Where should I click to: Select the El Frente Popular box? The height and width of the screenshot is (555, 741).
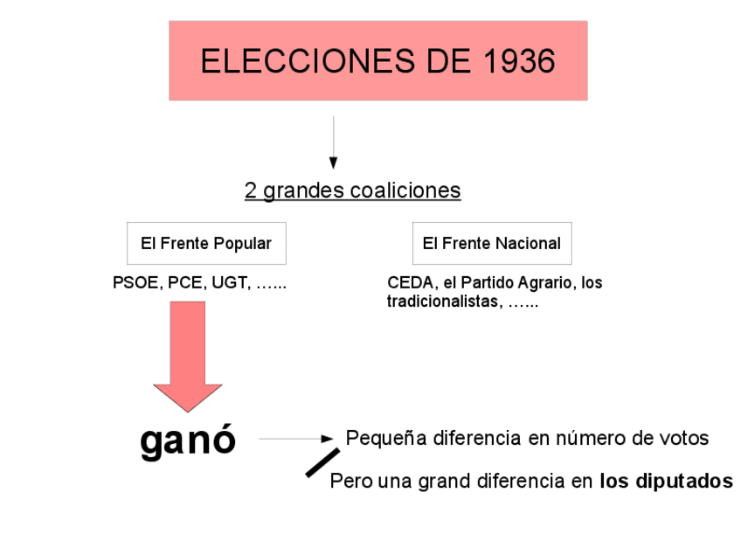[x=206, y=244]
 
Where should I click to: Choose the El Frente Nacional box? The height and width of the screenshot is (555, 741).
[x=492, y=244]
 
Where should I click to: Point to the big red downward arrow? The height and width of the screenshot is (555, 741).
[x=188, y=355]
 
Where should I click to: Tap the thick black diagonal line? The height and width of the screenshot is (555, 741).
[x=322, y=462]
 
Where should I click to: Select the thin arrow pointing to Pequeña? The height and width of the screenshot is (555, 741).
[x=297, y=439]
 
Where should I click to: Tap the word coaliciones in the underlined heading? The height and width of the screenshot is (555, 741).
[x=405, y=191]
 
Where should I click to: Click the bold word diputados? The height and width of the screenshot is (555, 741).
[x=684, y=481]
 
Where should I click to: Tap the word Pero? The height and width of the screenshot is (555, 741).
[x=347, y=482]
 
